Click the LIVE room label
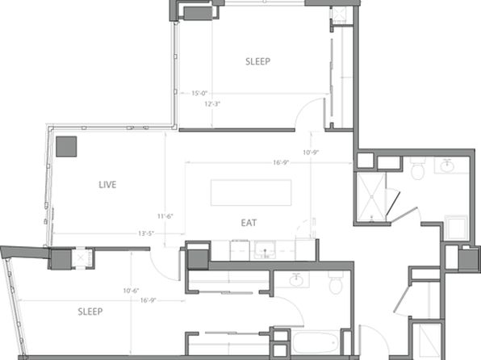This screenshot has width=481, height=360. pos(107,185)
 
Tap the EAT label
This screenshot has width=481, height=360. pos(249,223)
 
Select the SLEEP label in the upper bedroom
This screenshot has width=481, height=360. pos(257,61)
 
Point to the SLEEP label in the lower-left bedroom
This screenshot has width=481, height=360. pos(90,312)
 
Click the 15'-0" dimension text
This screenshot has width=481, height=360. pos(199,93)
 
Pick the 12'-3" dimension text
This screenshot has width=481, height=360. pos(212,104)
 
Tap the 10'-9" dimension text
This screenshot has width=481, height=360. pos(311,153)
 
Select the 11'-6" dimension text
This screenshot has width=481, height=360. pos(165,216)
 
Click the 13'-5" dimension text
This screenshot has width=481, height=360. pos(146,233)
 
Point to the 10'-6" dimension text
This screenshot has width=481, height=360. pos(131,291)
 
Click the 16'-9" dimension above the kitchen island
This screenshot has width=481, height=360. pos(281,162)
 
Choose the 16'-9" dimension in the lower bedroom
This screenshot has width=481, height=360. pos(148,300)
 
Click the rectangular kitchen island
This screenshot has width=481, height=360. pos(251,193)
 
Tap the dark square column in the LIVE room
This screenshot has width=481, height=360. pos(66,146)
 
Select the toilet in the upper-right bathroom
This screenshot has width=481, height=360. pos(417,169)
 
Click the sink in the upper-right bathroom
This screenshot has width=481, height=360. pos(447,166)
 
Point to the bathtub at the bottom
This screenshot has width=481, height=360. pos(316,342)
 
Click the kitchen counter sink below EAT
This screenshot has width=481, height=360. pos(265,250)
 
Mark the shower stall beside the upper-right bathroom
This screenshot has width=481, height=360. pos(370,197)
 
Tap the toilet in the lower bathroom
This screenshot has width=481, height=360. pos(336,283)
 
